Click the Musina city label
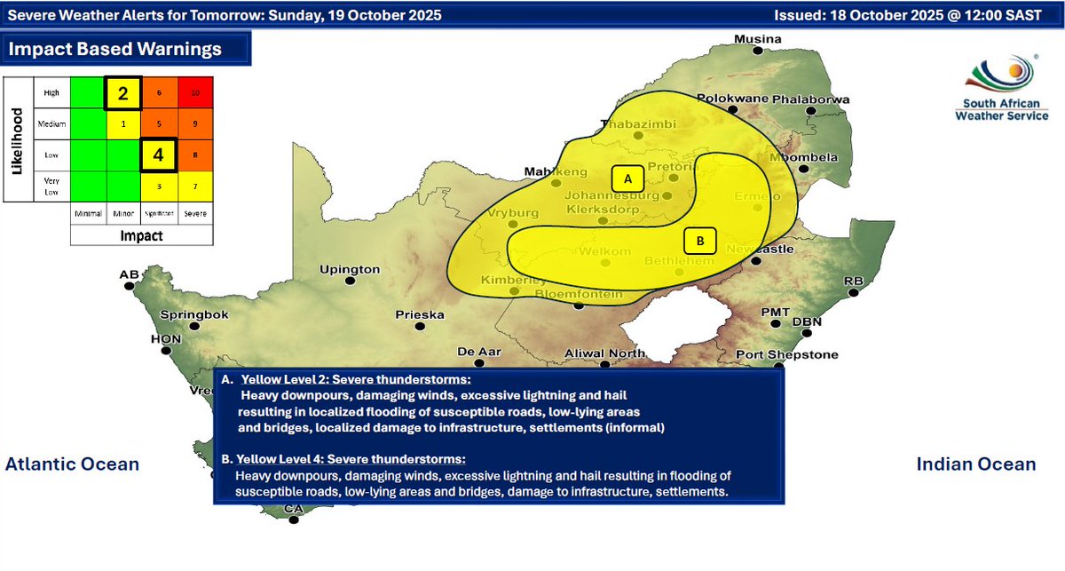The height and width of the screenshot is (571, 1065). tap(756, 39)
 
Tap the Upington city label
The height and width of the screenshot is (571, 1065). tap(350, 269)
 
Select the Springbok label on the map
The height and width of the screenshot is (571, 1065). tap(194, 314)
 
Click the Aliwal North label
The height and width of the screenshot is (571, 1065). tap(605, 353)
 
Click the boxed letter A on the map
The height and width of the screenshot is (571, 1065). tap(628, 178)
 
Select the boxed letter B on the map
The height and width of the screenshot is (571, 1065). tap(699, 240)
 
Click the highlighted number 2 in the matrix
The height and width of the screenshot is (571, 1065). tap(123, 92)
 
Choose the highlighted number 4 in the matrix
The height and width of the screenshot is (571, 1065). tap(158, 154)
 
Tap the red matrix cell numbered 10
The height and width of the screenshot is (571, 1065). tap(194, 92)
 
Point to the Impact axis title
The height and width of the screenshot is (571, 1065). tap(141, 237)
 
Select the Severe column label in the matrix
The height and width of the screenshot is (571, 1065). tap(194, 214)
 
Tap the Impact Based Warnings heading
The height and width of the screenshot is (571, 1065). tap(115, 49)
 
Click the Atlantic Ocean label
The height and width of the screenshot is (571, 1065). tap(73, 464)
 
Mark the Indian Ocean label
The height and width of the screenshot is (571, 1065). tap(975, 464)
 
